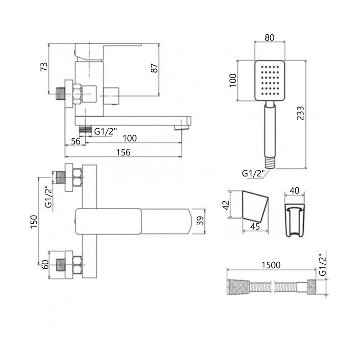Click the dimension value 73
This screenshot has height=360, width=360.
click(x=44, y=67)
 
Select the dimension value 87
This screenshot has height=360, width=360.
click(x=154, y=68)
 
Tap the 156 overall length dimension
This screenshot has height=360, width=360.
click(x=123, y=153)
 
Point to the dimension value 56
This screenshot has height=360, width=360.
click(x=76, y=141)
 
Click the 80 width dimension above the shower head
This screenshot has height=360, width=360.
click(x=270, y=37)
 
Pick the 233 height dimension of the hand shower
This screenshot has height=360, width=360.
click(x=300, y=113)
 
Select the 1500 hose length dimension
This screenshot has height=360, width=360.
click(x=271, y=265)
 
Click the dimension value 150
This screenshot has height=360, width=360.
click(x=34, y=222)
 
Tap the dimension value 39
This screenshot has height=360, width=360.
click(x=200, y=220)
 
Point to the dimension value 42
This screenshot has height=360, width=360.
click(x=226, y=205)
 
